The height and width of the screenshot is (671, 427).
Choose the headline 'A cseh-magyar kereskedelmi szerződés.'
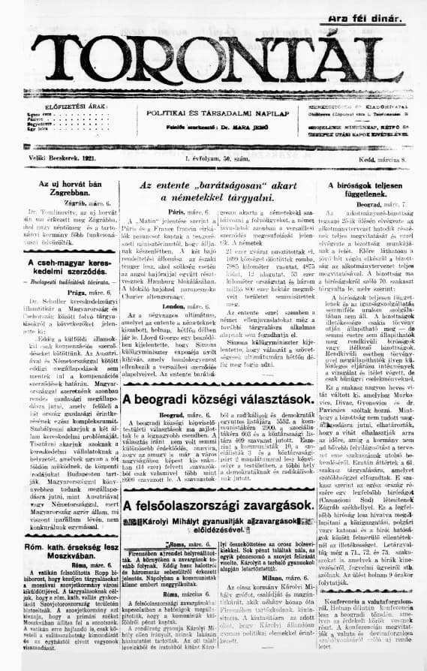(x=60, y=268)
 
